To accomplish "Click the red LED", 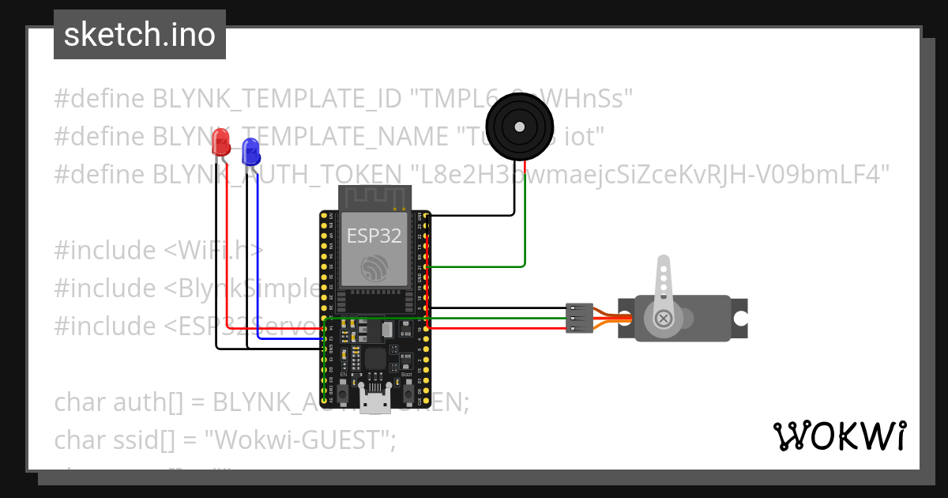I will [x=222, y=143].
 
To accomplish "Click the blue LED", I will [x=250, y=150].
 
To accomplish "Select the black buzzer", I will [x=518, y=126].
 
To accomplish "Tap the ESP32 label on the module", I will [x=374, y=235].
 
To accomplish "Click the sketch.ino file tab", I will [x=139, y=35].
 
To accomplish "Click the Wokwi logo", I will [x=839, y=436].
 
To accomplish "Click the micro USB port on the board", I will [x=374, y=400].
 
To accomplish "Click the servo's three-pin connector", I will [x=579, y=318].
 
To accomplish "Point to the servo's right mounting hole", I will [x=740, y=318].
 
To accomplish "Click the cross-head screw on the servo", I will [x=664, y=319].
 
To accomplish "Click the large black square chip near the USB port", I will [x=375, y=360].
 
